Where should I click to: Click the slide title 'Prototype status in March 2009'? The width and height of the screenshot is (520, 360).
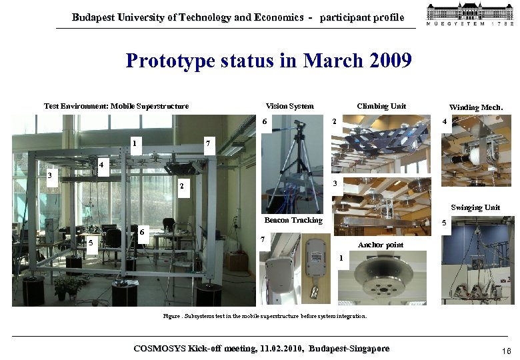pos(269,61)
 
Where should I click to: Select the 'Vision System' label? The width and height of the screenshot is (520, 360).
pos(289,106)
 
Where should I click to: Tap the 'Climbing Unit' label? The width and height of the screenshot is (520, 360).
pos(381,106)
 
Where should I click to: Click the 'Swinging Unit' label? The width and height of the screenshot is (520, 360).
pos(475,207)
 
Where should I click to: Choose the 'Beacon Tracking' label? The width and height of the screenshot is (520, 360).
pos(293,220)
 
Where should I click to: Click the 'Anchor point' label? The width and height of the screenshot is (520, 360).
pos(381,245)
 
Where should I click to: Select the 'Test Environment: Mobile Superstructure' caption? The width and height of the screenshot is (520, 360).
pos(116,106)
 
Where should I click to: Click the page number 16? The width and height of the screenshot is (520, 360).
pos(506,351)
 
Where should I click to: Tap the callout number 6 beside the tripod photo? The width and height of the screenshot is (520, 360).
pos(265,122)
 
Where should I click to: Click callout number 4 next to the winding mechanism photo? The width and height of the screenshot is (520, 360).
pos(445,122)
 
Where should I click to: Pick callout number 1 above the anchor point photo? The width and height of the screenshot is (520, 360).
pos(341,257)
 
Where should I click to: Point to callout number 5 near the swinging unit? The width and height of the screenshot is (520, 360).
pos(445,224)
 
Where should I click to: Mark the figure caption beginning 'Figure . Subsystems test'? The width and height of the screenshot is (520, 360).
pos(265,316)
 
